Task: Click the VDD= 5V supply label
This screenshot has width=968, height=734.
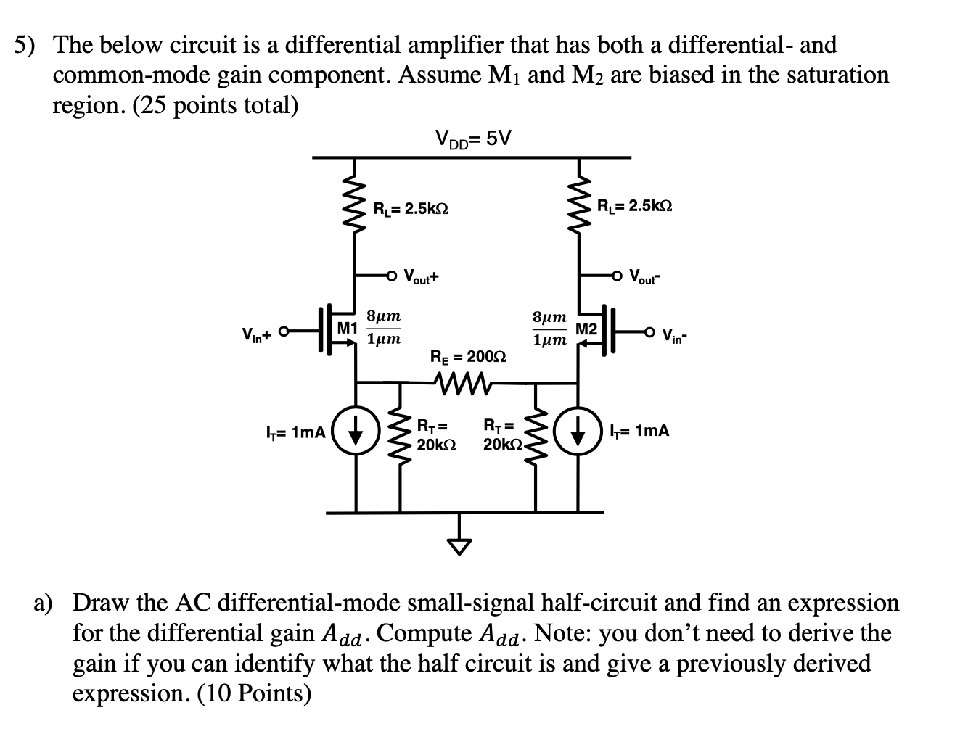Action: (x=472, y=138)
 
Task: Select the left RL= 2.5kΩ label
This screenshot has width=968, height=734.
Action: (x=410, y=209)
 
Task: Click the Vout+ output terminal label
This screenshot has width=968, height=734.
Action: (x=422, y=276)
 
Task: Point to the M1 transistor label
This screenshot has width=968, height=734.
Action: (x=348, y=327)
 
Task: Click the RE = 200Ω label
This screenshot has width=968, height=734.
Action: (x=468, y=357)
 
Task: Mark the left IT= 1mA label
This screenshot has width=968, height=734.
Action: (x=293, y=433)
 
